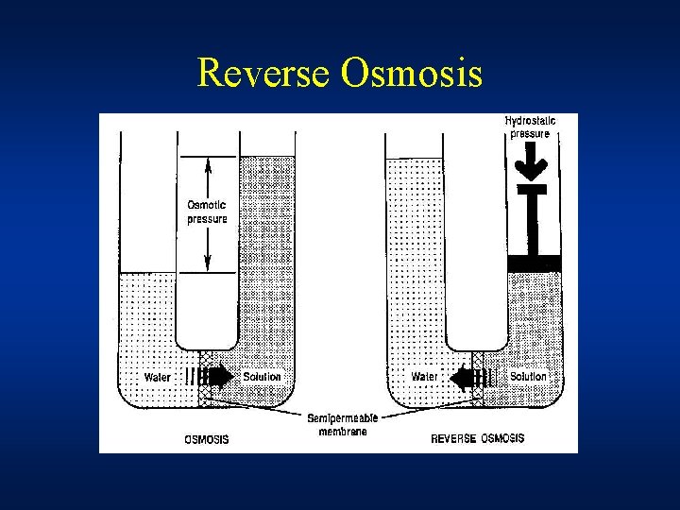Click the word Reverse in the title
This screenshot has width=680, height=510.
263,74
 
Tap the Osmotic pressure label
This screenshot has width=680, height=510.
207,212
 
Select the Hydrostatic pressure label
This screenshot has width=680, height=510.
530,127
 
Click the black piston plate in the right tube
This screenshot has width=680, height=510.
534,263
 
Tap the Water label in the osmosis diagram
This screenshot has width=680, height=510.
158,377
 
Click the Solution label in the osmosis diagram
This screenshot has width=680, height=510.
262,377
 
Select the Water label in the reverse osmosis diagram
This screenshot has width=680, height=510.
424,377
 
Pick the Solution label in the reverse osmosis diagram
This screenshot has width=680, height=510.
529,377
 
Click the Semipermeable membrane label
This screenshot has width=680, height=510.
337,424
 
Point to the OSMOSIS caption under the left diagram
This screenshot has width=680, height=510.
206,439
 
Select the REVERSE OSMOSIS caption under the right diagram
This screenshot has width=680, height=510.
477,439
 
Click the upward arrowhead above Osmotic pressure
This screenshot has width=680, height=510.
207,163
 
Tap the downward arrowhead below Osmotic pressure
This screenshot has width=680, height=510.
207,266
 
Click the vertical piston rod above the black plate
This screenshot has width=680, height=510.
534,222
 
